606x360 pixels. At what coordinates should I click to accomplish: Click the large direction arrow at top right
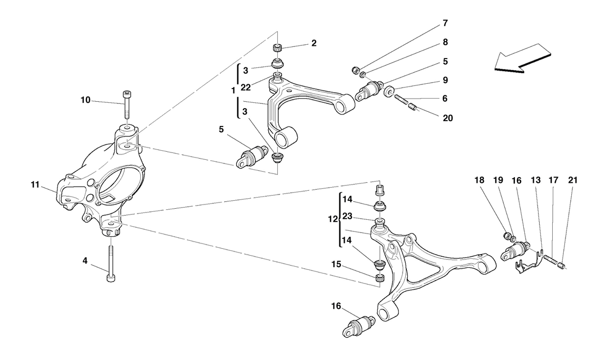click(x=522, y=57)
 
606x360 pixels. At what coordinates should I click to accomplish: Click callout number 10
click(x=86, y=99)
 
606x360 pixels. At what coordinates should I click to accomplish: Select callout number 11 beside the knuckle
click(x=35, y=184)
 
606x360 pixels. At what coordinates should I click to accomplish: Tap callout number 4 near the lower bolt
click(x=84, y=259)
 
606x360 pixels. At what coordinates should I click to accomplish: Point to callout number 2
click(x=314, y=43)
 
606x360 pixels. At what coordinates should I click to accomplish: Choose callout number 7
click(x=445, y=23)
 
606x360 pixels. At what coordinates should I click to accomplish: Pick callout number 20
click(x=447, y=118)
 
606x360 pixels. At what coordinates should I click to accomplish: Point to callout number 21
click(x=573, y=180)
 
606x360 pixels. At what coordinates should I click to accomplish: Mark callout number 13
click(x=535, y=180)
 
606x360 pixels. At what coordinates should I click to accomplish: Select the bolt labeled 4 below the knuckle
click(x=111, y=262)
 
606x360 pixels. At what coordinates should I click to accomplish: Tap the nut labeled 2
click(x=278, y=48)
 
